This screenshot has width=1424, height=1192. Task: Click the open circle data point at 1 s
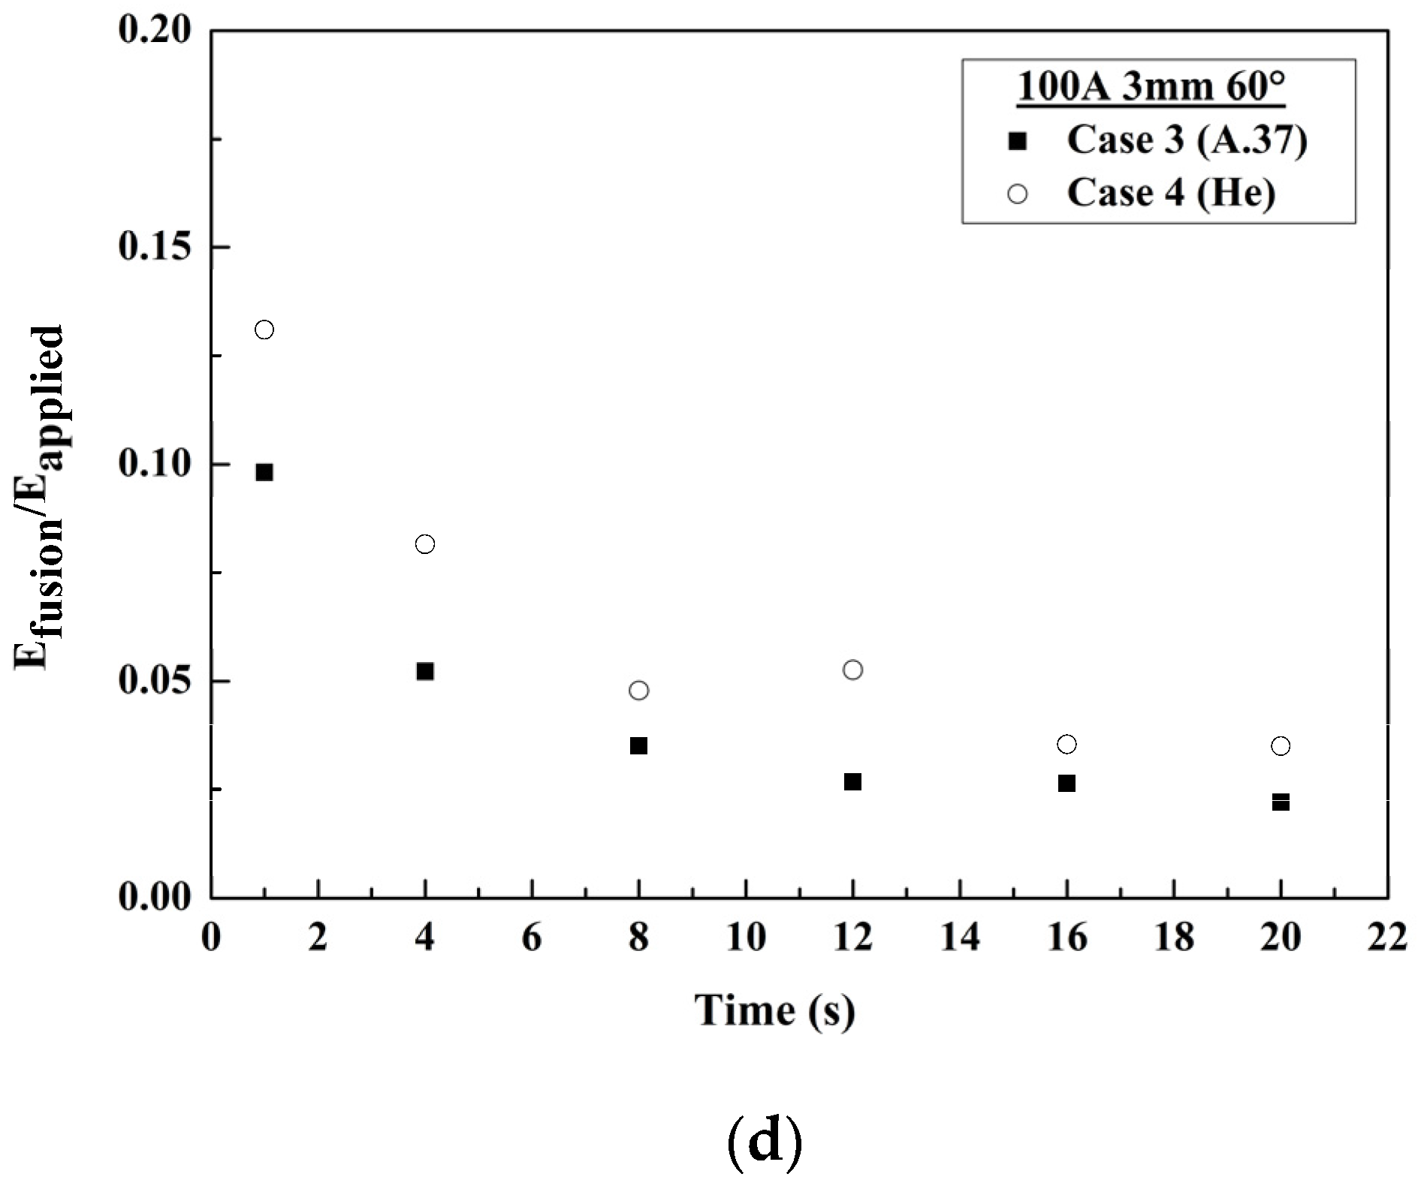coord(264,330)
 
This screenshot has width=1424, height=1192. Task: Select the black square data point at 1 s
coord(264,472)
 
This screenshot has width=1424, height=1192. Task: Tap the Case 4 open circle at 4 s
coord(425,544)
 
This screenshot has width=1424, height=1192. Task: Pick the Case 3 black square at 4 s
coord(425,671)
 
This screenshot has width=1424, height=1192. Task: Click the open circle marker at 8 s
coord(639,690)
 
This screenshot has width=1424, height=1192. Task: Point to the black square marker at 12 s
coord(852,782)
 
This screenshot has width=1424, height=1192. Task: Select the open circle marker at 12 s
coord(852,670)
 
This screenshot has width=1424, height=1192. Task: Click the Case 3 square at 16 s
coord(1066,783)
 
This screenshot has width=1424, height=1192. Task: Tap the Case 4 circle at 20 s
coord(1281,746)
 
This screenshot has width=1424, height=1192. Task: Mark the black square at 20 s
coord(1281,802)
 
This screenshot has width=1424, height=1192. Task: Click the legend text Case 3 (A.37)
coord(1187,140)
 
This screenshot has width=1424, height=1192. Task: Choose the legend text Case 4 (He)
coord(1171,193)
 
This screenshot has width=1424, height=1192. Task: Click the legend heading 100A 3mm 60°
coord(1151,87)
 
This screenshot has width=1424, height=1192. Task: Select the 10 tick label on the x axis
coord(746,938)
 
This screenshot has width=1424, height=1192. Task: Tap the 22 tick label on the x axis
coord(1386,938)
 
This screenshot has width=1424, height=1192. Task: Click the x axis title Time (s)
coord(774,1010)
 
